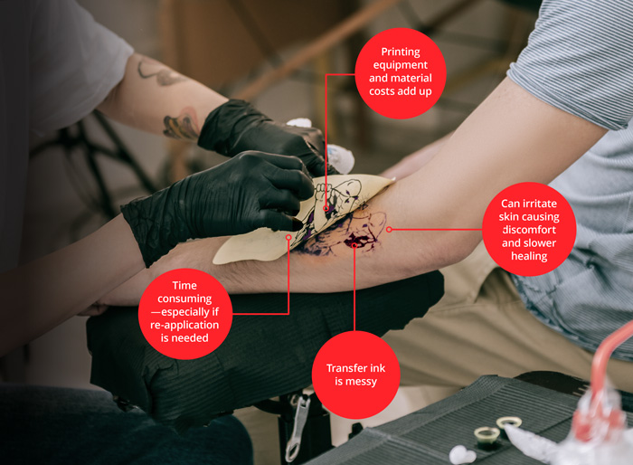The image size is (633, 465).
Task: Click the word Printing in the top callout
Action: tap(401, 52)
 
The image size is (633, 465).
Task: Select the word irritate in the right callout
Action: tap(540, 204)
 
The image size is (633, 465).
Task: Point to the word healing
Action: tap(529, 256)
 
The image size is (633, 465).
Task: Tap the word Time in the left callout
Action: tap(184, 285)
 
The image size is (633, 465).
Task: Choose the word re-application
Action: tap(184, 325)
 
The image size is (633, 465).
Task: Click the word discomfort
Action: tap(529, 230)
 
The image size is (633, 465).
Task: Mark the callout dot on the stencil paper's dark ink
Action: tap(326, 208)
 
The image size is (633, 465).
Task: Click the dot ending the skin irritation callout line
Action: tap(389, 230)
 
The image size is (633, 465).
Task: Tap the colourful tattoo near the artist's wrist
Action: tap(182, 125)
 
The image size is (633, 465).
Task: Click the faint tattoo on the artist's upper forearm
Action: tap(158, 72)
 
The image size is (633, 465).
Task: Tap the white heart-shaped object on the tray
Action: tap(462, 454)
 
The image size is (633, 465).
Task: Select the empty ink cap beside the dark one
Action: tap(508, 422)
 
